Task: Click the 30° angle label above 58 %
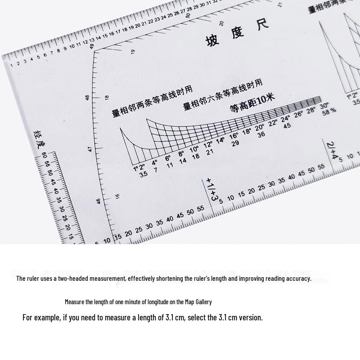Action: tap(324, 106)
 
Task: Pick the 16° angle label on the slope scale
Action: tap(234, 136)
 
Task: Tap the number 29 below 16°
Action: tap(235, 143)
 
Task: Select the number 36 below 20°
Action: tap(261, 134)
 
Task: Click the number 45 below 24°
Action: tap(287, 126)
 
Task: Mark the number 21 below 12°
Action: tap(210, 152)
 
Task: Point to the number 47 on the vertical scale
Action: tap(90, 148)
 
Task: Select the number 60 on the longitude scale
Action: tap(44, 156)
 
